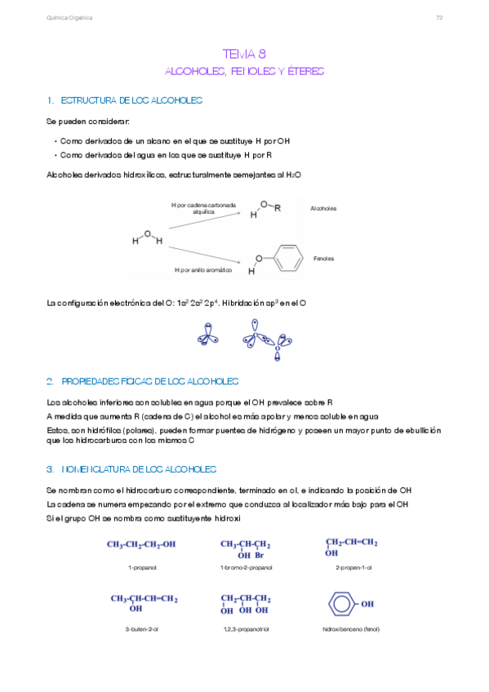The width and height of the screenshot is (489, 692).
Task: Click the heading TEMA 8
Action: pyautogui.click(x=244, y=54)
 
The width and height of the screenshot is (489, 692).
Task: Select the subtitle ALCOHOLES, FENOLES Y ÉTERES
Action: pyautogui.click(x=244, y=72)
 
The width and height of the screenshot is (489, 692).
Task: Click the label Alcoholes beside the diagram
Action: pyautogui.click(x=323, y=209)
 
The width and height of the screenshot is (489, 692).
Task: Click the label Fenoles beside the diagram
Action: pyautogui.click(x=323, y=259)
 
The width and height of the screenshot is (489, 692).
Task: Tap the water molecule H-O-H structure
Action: pyautogui.click(x=148, y=238)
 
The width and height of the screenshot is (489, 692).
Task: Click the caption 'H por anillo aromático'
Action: pyautogui.click(x=203, y=269)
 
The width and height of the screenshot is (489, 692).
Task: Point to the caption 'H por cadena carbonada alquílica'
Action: pyautogui.click(x=203, y=208)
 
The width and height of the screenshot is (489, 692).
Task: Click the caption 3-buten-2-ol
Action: pyautogui.click(x=142, y=629)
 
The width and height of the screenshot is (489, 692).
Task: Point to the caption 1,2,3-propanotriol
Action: pyautogui.click(x=246, y=629)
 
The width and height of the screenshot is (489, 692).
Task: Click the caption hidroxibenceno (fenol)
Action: pyautogui.click(x=351, y=629)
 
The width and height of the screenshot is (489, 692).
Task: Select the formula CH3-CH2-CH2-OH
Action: pyautogui.click(x=141, y=544)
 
